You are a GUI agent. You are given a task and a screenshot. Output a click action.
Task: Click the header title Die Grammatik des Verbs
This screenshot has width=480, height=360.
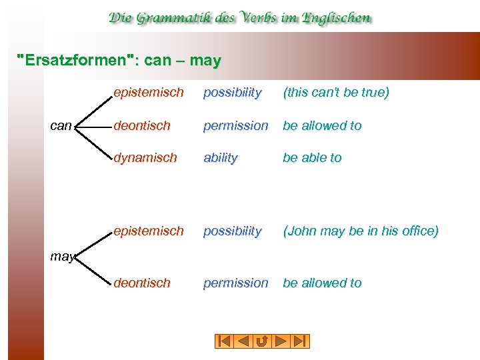240,18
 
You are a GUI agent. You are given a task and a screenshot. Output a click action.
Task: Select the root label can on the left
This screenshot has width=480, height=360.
61,125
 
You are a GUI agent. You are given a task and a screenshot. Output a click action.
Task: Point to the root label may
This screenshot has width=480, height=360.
62,256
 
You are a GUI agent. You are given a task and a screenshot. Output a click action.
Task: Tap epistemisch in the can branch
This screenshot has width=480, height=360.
148,92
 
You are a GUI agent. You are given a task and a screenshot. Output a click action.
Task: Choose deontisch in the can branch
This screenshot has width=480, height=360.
142,125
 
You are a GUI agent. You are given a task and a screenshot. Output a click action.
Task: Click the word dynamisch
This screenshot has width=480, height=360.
145,158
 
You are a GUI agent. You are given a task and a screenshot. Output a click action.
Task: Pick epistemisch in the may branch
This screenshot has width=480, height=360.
148,231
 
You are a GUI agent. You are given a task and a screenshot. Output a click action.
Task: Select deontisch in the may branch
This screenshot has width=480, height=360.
142,283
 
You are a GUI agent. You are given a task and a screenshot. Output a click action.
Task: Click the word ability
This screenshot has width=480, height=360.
220,158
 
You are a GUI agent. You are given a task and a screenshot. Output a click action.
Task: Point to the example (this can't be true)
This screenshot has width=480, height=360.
336,92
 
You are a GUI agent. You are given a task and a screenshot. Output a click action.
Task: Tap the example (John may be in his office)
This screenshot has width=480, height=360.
361,231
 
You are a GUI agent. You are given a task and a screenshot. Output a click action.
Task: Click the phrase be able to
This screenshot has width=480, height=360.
312,158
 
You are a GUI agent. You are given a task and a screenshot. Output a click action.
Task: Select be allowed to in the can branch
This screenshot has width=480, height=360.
322,125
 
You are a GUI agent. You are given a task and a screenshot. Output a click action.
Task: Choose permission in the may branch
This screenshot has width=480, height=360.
236,283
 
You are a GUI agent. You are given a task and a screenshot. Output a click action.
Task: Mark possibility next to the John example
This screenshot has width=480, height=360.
232,231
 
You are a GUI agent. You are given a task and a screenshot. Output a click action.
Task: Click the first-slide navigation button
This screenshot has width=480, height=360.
225,341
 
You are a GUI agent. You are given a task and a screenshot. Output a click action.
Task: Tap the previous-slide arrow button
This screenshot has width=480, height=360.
243,341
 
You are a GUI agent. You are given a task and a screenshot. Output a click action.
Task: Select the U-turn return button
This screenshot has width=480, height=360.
262,341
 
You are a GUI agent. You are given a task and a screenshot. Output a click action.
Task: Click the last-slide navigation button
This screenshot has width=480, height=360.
300,341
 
